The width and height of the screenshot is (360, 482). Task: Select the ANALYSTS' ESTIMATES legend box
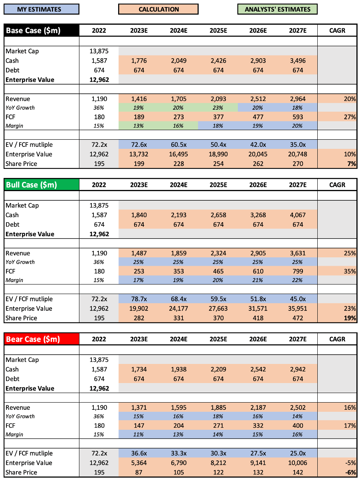[x=277, y=9]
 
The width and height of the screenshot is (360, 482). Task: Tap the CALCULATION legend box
[x=158, y=9]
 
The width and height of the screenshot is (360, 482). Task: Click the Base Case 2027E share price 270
[x=298, y=164]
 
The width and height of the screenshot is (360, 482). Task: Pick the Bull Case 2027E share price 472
[x=298, y=318]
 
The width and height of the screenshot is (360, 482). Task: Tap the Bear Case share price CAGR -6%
[x=350, y=472]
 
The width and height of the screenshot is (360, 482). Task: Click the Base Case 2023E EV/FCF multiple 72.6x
[x=139, y=144]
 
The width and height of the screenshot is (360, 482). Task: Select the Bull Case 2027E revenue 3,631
[x=298, y=253]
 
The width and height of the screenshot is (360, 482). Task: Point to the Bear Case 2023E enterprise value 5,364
[x=139, y=463]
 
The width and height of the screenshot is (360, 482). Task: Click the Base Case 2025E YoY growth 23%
[x=218, y=108]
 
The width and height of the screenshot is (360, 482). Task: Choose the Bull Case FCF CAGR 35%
[x=350, y=271]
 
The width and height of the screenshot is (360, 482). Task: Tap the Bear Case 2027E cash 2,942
[x=298, y=369]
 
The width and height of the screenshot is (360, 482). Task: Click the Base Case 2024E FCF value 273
[x=178, y=117]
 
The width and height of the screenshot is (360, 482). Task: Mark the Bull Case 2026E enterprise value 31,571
[x=258, y=308]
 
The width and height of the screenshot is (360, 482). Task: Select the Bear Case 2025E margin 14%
[x=218, y=435]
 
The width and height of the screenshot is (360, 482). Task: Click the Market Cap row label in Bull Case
[x=22, y=205]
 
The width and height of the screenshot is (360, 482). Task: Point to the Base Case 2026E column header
[x=258, y=30]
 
